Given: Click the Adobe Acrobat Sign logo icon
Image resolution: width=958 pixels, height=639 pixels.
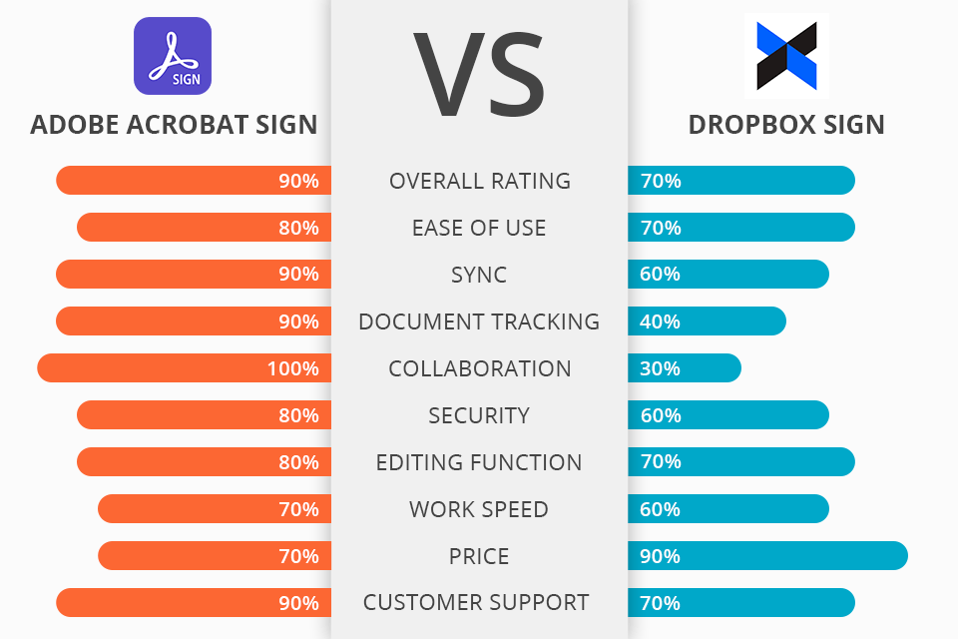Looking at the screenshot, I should tap(173, 56).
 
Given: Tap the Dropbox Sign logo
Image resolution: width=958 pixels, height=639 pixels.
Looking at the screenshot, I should tap(786, 56).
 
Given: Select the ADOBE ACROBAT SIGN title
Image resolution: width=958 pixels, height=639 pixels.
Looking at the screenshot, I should tap(174, 125).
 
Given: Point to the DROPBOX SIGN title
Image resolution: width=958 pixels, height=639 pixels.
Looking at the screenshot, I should tap(786, 125).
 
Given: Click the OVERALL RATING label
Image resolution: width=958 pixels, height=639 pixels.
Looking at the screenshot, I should tap(479, 181).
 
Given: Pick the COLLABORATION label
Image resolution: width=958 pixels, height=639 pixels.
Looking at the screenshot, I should tap(479, 368).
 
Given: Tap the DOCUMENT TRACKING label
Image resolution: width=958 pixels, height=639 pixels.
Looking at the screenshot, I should tap(479, 321).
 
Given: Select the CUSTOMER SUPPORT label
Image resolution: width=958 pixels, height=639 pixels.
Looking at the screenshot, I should tap(476, 603).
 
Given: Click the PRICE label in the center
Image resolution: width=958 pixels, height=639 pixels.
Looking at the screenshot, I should tap(479, 556).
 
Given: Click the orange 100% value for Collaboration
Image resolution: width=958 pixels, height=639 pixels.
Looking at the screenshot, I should tap(292, 368).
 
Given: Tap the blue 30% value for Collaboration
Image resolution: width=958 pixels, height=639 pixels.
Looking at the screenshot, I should tap(660, 368).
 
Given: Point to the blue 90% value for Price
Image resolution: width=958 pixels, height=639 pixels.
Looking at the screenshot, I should tap(660, 556).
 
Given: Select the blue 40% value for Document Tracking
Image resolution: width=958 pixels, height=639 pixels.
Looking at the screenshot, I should tap(660, 321).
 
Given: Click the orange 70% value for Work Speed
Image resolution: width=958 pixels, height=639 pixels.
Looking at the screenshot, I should tap(298, 509).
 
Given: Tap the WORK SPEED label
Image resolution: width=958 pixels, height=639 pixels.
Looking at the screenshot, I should tap(479, 509).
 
